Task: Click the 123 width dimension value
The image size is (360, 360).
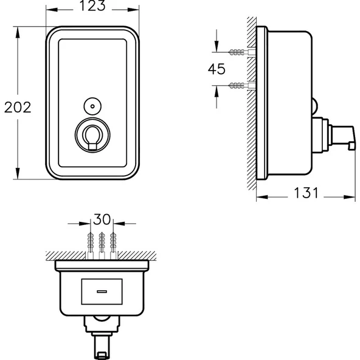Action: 92,7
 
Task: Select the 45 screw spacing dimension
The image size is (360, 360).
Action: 217,69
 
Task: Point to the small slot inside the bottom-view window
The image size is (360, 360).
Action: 102,291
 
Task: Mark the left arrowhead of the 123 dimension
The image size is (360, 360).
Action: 49,9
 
